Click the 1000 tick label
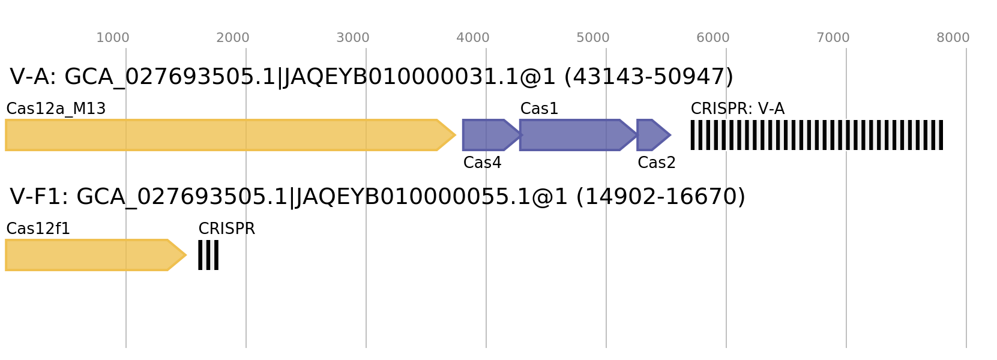(113, 38)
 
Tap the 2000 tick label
(233, 38)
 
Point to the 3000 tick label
(353, 38)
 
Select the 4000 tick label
(473, 38)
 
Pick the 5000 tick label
(593, 38)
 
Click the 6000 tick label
(713, 38)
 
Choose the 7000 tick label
(833, 38)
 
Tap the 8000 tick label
(953, 38)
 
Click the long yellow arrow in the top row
(222, 135)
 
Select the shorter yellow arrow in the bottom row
(87, 255)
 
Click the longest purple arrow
(573, 135)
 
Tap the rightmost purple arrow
(652, 135)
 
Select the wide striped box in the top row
(816, 135)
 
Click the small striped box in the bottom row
(208, 255)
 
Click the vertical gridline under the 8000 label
(966, 300)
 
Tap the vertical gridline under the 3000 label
(366, 300)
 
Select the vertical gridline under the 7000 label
(846, 300)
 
